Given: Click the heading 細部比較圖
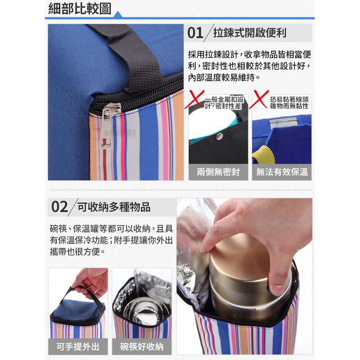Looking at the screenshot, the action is [80, 9].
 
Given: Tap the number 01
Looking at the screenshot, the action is [195, 33].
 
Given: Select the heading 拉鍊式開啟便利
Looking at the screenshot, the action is [250, 33].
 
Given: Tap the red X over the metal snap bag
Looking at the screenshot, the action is [194, 99].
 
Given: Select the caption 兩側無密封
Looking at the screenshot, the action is [218, 172].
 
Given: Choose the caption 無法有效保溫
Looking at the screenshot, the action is [282, 172].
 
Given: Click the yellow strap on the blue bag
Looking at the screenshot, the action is [264, 154].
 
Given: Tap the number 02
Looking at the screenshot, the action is [59, 207].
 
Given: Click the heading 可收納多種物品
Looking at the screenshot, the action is [114, 207].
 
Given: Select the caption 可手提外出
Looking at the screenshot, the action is [78, 347].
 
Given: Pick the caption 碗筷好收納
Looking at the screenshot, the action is [142, 347].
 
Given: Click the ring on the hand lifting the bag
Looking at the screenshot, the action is [97, 291].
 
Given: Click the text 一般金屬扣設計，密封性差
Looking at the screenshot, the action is [224, 103].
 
